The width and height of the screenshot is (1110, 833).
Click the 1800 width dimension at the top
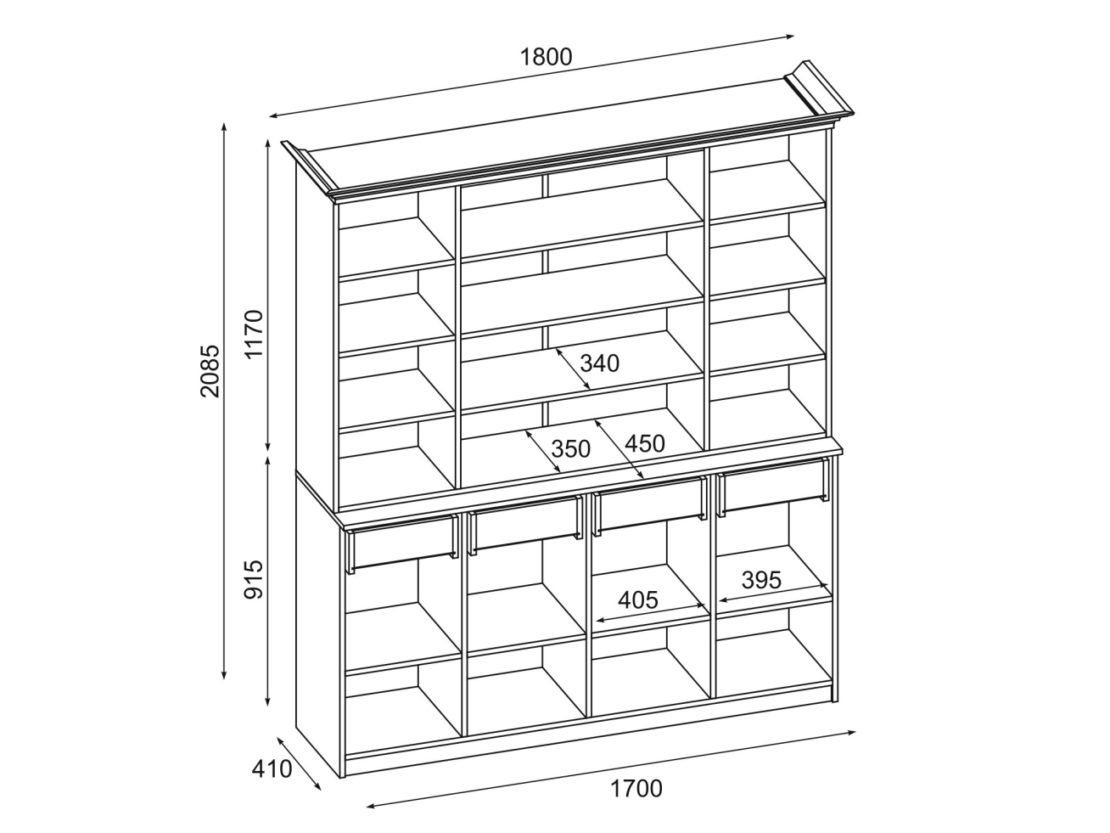click(547, 57)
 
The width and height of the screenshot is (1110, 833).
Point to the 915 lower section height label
click(255, 579)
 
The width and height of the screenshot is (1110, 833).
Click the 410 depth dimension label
click(272, 769)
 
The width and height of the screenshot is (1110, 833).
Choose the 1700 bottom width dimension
click(636, 789)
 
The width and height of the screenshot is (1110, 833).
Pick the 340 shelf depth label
click(600, 363)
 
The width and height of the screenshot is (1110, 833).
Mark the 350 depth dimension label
click(570, 448)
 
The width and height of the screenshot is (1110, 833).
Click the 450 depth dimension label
click(645, 442)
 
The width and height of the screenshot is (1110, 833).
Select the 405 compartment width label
click(638, 600)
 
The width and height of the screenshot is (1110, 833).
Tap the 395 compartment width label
click(761, 580)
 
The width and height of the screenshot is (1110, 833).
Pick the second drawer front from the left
click(524, 522)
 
